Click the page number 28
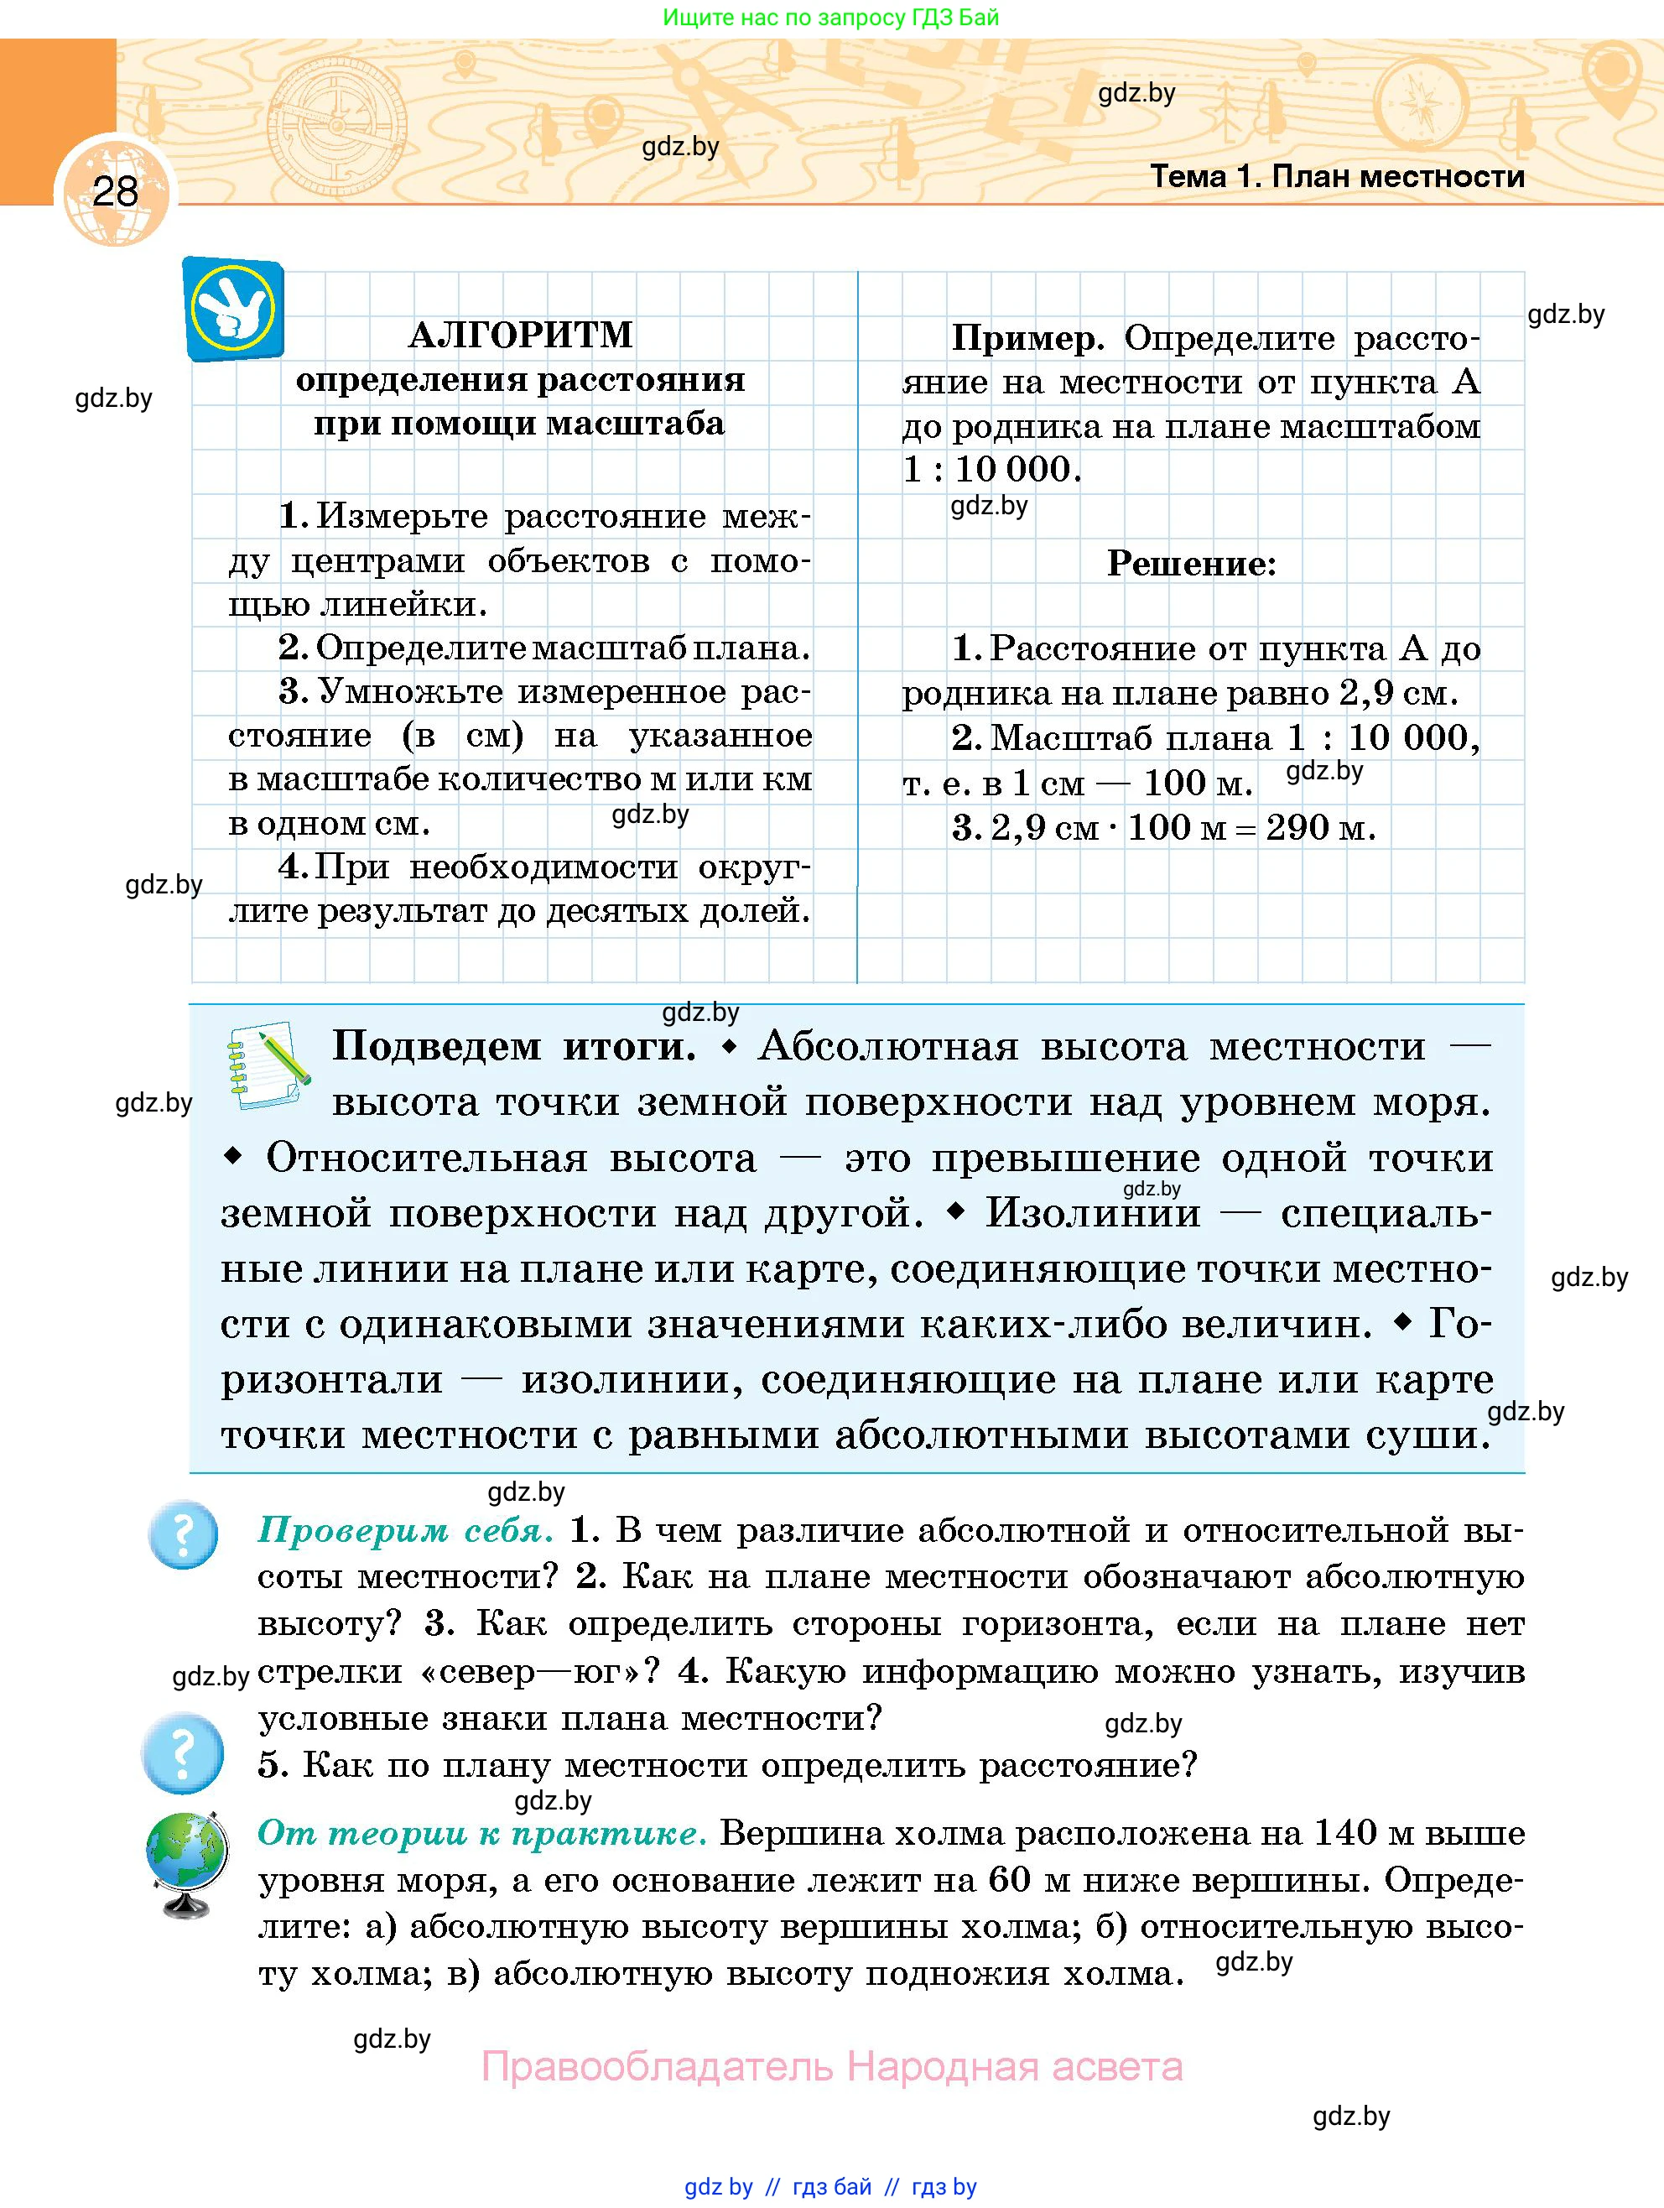pos(115,190)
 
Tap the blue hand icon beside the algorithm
pos(233,310)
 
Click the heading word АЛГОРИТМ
pos(520,336)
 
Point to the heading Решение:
pos(1191,564)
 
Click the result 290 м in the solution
pos(1319,827)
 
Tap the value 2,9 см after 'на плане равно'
pos(1397,693)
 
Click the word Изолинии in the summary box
pos(1093,1213)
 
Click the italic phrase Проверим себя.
pos(404,1530)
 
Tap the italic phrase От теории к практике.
pos(482,1833)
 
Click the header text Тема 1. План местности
pos(1337,177)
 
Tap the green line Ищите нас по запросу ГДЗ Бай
pos(830,18)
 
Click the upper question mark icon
pos(184,1535)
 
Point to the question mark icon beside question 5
pos(183,1752)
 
